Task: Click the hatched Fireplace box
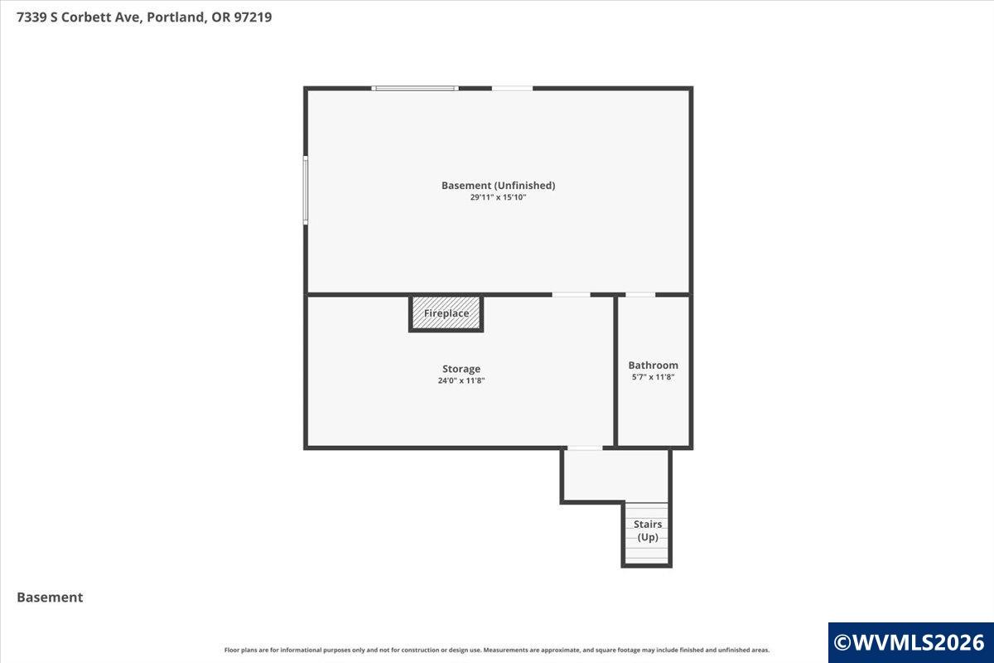point(446,313)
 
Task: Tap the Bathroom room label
point(654,365)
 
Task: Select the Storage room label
point(461,369)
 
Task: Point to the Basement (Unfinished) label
point(499,185)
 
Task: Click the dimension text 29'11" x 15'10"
point(499,197)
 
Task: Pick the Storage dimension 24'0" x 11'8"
point(461,380)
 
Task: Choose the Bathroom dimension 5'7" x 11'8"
point(654,377)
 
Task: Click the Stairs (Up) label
point(648,530)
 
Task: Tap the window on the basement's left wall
point(306,190)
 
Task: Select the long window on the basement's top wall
point(415,89)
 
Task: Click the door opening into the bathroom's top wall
point(640,294)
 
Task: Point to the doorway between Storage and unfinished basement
point(571,294)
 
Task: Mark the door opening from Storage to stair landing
point(586,448)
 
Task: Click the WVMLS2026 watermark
point(910,642)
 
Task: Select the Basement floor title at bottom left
point(50,598)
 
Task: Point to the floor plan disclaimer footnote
point(496,650)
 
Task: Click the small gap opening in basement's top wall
point(512,89)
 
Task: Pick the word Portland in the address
point(176,17)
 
